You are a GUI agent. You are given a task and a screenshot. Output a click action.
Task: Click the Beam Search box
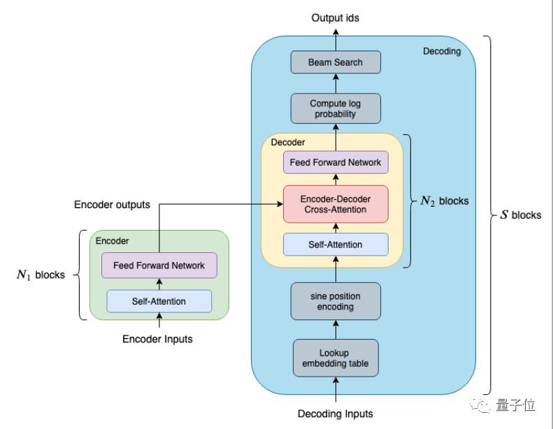coord(336,62)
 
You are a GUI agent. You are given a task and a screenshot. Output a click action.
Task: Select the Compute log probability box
coord(336,109)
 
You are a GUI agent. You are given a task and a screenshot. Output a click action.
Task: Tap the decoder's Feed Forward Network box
coord(336,163)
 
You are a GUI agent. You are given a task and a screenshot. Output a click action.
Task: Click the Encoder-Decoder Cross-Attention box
coord(336,204)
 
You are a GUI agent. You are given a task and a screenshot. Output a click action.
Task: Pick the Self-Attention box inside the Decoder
coord(336,245)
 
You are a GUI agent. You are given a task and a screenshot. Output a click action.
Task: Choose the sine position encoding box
coord(336,301)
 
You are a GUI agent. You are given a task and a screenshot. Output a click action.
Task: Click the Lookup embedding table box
coord(336,358)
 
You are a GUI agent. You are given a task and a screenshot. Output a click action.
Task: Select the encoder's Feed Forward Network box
coord(159,266)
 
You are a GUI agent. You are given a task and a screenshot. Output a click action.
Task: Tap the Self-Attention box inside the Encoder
coord(159,301)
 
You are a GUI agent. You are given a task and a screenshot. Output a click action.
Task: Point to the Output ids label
coord(336,17)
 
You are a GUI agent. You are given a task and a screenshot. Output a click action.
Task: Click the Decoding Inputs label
coord(336,414)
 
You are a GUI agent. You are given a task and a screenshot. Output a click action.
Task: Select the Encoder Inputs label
coord(157,339)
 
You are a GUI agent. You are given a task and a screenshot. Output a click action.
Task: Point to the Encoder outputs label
coord(112,205)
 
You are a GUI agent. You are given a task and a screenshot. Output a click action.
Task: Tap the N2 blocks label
coord(444,201)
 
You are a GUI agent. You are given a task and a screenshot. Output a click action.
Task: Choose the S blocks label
coord(520,215)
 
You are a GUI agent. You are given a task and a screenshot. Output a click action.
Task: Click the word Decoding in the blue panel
coord(442,51)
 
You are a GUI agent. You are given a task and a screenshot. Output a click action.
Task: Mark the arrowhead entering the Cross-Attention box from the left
coord(279,204)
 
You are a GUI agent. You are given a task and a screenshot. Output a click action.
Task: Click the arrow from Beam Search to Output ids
coord(336,38)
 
